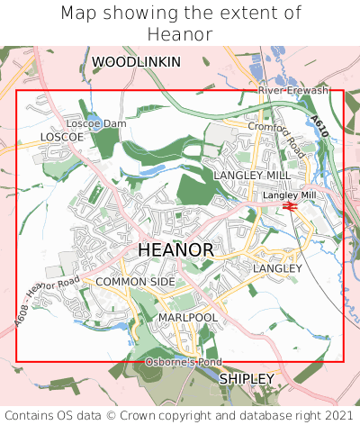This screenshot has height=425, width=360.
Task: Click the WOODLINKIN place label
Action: click(136, 62)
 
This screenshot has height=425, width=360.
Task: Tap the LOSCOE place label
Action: click(62, 137)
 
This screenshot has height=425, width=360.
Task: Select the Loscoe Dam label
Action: click(96, 123)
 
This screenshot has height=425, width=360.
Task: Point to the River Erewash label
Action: click(293, 91)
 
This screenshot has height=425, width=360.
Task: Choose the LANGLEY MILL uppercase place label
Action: click(253, 175)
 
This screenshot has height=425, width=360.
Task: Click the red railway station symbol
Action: click(290, 206)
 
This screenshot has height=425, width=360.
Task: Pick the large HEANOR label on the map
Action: click(176, 249)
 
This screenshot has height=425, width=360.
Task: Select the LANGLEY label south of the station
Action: click(277, 268)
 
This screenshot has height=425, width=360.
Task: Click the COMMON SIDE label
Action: click(135, 282)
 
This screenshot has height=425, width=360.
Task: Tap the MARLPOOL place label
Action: click(188, 318)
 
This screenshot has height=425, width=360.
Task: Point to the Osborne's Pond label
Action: click(184, 362)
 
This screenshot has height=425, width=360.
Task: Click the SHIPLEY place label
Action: click(247, 379)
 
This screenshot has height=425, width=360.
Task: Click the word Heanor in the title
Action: click(180, 34)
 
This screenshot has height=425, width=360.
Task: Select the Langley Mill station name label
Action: click(289, 194)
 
